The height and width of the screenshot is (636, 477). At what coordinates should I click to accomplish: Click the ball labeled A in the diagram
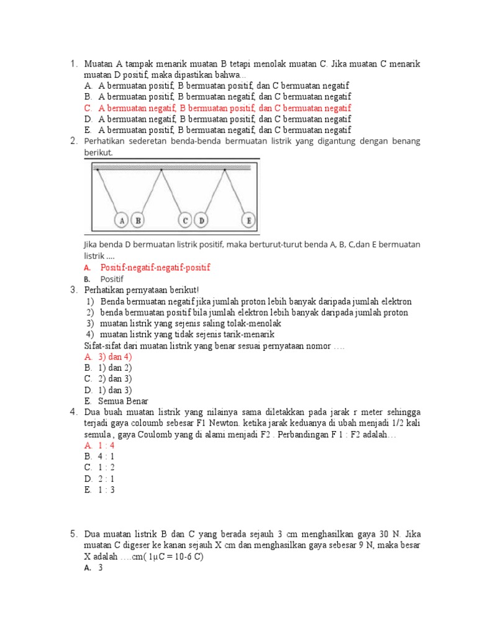(x=122, y=220)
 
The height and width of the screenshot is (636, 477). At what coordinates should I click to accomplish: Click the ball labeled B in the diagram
(x=138, y=220)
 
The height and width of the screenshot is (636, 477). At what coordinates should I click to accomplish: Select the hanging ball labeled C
(x=185, y=220)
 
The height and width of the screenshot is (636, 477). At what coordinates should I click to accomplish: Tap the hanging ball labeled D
(x=201, y=220)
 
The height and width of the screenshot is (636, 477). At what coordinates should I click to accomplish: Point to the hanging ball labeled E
(x=249, y=220)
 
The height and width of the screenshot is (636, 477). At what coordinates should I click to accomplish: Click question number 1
(x=73, y=63)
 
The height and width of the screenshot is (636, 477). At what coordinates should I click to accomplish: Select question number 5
(x=73, y=534)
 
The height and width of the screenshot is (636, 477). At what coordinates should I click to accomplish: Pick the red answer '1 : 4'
(x=106, y=445)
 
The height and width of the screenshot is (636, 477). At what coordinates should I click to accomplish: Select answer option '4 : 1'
(x=106, y=457)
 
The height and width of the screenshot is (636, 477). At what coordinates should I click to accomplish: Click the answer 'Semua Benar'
(x=123, y=401)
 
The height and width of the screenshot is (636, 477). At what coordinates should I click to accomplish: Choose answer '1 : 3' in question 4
(x=106, y=490)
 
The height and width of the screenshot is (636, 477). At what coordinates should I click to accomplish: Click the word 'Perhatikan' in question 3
(x=106, y=290)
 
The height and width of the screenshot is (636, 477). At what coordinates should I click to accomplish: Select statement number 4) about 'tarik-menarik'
(x=187, y=334)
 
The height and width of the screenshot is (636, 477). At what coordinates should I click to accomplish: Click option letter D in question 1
(x=88, y=119)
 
